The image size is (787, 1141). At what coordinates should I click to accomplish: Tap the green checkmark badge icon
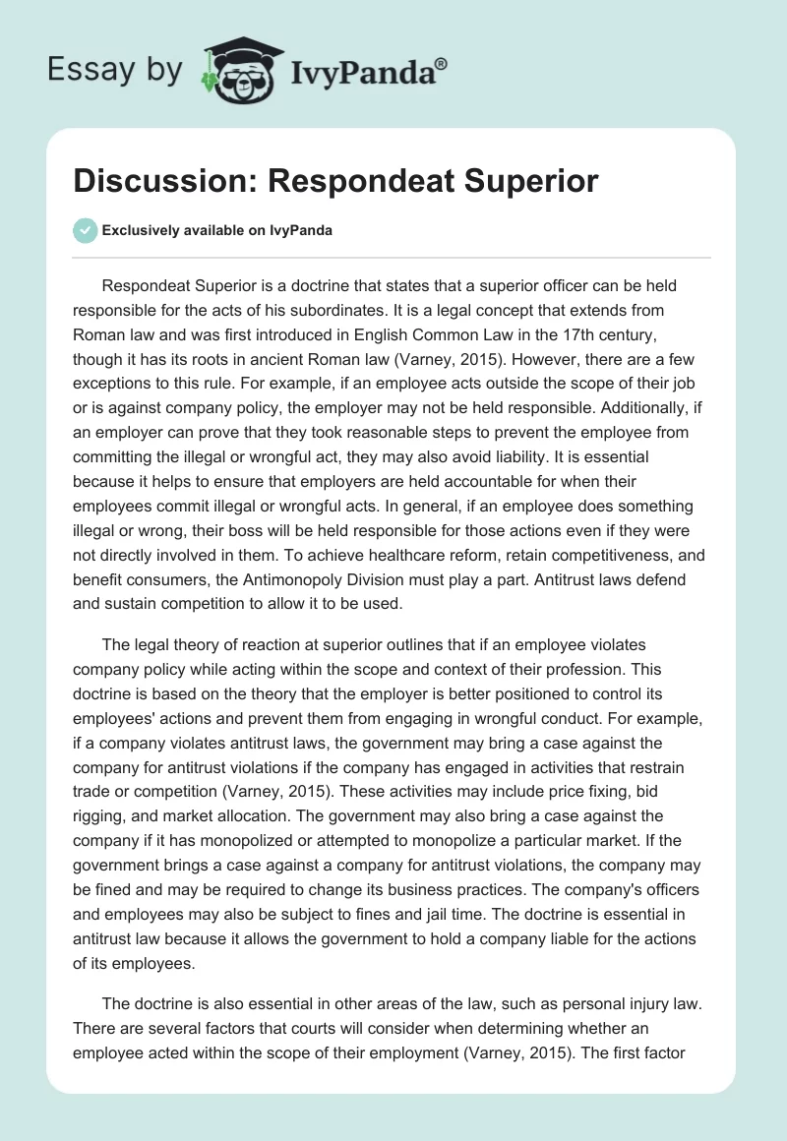click(85, 230)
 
